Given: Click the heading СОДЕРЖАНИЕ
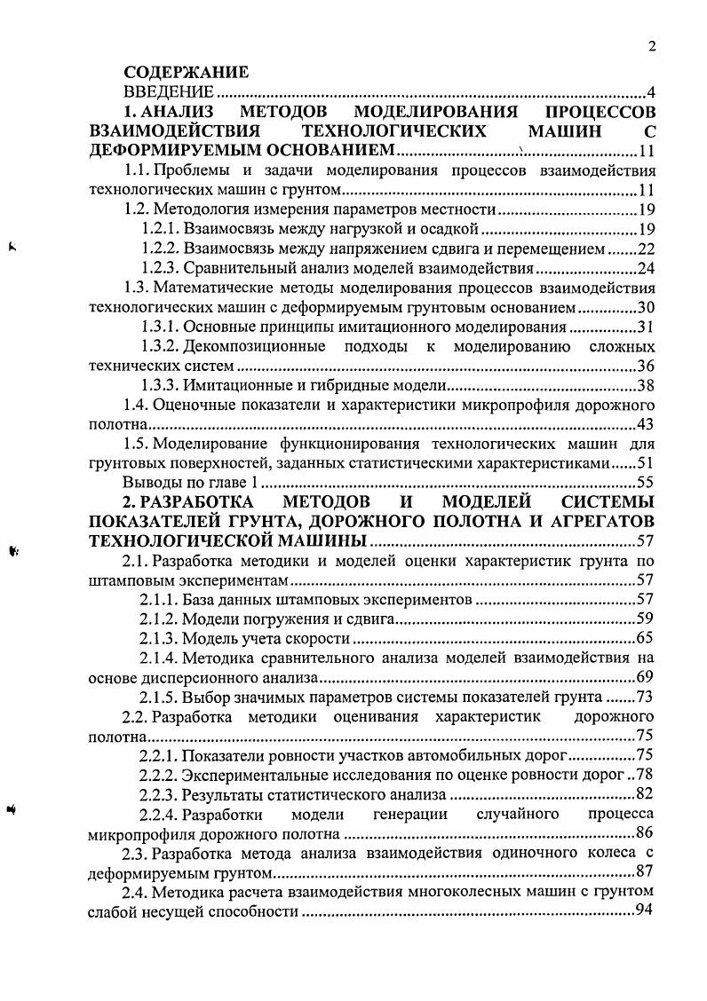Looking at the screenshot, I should (186, 73).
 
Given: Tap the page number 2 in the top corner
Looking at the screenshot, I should (651, 48).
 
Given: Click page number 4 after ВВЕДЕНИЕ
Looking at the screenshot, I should (651, 92).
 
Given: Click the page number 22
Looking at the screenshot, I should (646, 248).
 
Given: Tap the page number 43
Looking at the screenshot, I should (646, 424).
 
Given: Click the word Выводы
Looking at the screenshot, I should (148, 483).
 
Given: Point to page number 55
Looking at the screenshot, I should (646, 483).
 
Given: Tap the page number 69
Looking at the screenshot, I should (646, 678).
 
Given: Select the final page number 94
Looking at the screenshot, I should (646, 911).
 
